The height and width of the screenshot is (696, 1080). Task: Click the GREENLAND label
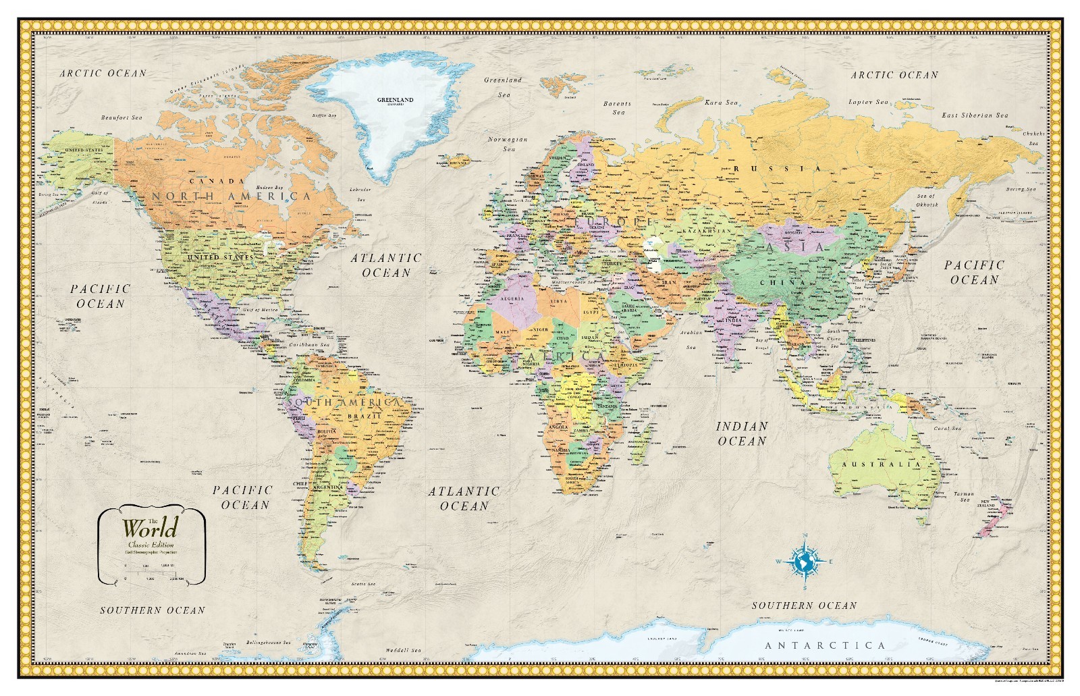point(395,100)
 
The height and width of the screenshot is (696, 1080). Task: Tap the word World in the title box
point(150,527)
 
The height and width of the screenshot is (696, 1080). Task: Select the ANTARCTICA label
point(825,646)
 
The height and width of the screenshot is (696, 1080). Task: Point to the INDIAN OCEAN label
point(741,433)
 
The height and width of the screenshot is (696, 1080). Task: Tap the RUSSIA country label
point(778,168)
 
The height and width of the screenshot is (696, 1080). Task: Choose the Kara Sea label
point(721,103)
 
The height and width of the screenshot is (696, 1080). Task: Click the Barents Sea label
point(618,108)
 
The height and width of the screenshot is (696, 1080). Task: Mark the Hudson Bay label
point(269,188)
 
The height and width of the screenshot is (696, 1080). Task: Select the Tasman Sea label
point(964,497)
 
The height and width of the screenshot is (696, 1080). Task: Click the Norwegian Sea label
point(508,144)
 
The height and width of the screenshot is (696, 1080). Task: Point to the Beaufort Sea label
point(122,117)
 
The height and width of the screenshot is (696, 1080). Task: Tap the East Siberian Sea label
point(975,115)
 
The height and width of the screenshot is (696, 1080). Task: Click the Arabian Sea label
point(691,340)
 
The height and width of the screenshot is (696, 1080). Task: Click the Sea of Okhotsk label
point(926,200)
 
